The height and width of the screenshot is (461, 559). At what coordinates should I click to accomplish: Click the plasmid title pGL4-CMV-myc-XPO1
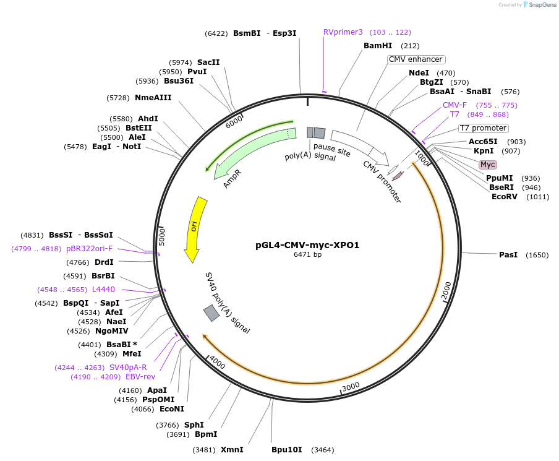(307, 245)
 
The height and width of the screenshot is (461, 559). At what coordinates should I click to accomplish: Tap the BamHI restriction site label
(378, 46)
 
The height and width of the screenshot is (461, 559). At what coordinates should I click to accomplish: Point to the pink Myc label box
(488, 165)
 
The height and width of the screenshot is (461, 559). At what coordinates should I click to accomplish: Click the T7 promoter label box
(483, 128)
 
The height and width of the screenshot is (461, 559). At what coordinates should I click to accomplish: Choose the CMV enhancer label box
(416, 59)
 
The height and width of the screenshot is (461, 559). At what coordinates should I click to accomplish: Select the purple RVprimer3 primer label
(343, 32)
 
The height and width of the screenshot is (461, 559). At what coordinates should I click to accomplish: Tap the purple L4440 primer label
(103, 290)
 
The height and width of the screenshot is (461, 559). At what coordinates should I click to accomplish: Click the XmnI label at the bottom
(232, 450)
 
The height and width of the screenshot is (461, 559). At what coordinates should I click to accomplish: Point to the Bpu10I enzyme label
(287, 450)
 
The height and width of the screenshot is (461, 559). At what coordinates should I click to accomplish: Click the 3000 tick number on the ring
(351, 386)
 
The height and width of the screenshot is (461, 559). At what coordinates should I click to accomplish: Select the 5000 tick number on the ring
(163, 236)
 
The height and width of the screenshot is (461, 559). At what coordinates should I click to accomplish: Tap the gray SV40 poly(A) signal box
(211, 314)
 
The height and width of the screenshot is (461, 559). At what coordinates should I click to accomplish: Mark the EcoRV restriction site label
(505, 197)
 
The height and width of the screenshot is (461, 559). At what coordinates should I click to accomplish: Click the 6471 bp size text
(307, 254)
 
